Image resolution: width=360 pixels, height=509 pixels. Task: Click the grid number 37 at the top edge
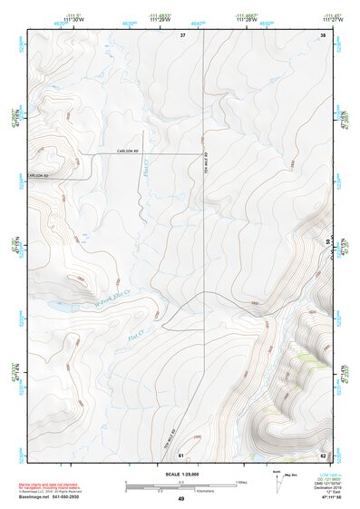coord(182,34)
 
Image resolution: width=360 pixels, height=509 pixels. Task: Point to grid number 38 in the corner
coord(322,34)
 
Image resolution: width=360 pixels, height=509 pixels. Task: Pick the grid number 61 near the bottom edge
coord(181,454)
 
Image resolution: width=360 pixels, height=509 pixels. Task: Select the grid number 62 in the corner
coord(322,454)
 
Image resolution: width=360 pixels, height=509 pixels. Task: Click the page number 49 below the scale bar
coord(180,499)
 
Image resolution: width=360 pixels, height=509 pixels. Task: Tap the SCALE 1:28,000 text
coord(180,474)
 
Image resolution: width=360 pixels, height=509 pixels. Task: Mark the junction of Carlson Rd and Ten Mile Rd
coord(203,153)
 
